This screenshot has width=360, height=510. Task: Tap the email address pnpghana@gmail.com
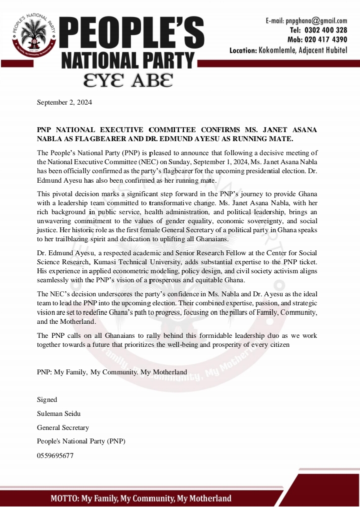[316, 21]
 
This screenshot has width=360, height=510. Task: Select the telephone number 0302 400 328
[325, 30]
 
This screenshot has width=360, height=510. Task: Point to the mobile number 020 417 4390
[325, 40]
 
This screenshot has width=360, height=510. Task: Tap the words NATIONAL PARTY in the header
[127, 61]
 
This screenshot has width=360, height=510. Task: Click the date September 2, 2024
[64, 103]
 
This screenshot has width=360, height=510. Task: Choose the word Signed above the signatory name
[47, 399]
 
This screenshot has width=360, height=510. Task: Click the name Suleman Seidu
[58, 413]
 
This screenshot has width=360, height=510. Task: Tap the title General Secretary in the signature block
[63, 427]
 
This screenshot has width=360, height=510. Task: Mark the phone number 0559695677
[55, 455]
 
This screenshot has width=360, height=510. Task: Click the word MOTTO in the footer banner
[64, 498]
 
